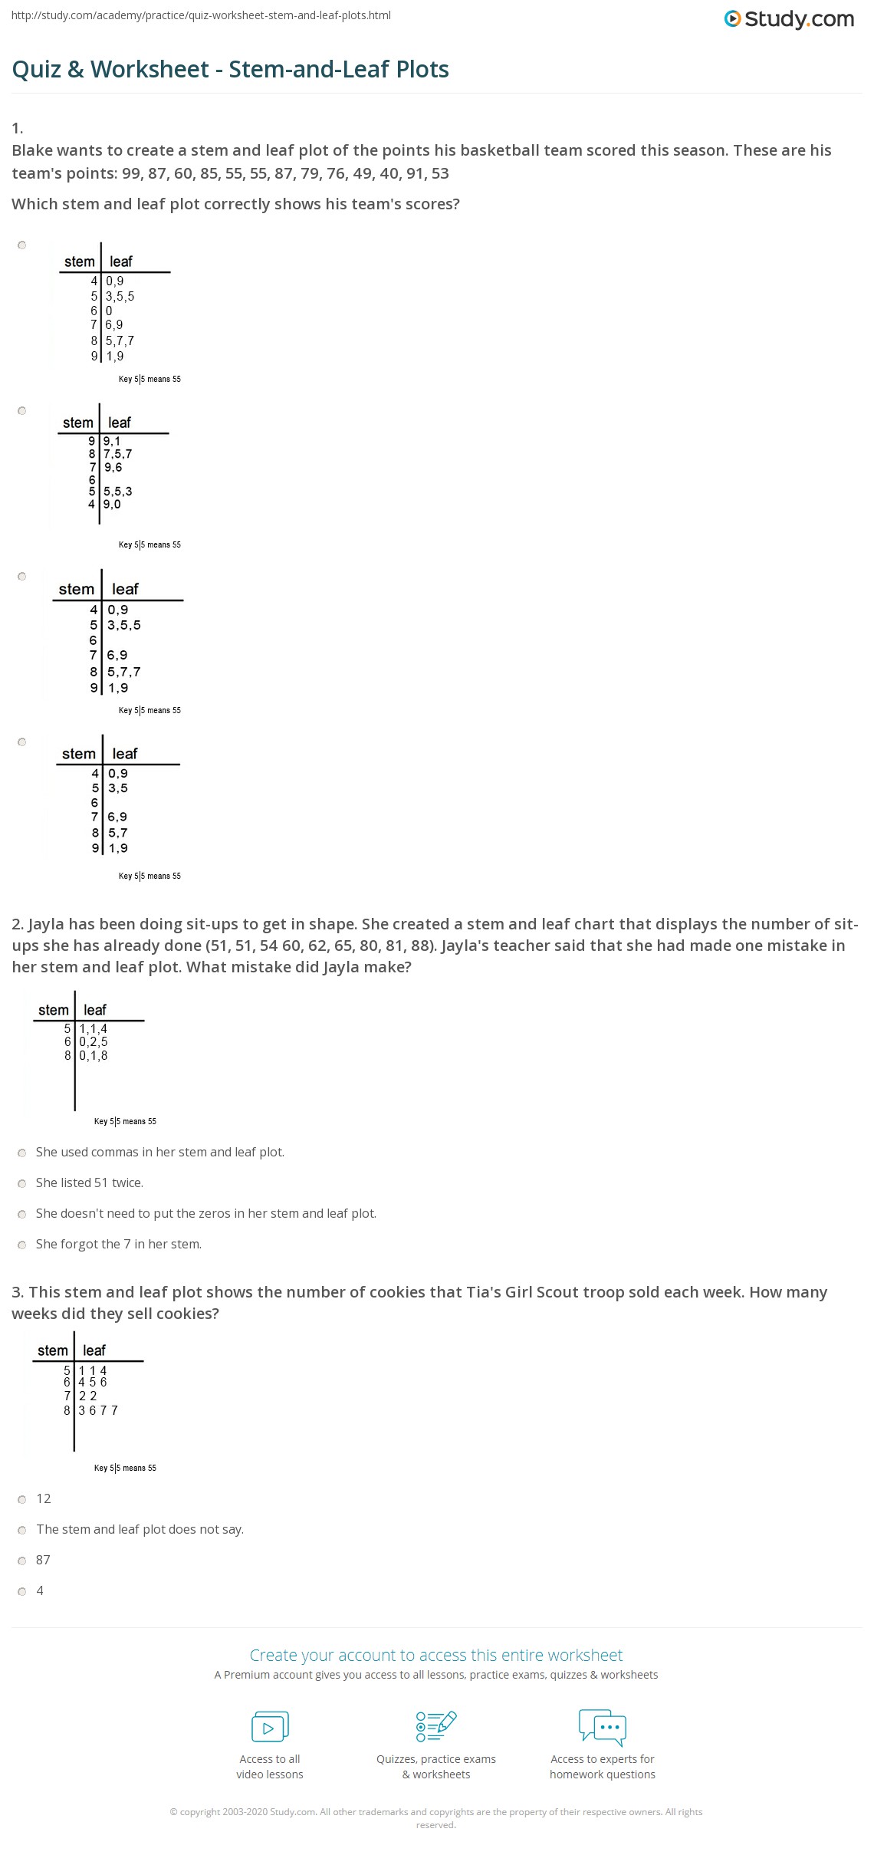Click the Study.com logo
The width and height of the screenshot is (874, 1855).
(x=789, y=19)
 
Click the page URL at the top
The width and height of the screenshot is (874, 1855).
(x=201, y=15)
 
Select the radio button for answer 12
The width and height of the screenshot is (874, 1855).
(x=22, y=1499)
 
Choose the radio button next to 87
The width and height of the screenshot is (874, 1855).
(x=22, y=1561)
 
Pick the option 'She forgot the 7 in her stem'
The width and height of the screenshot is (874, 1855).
(x=22, y=1245)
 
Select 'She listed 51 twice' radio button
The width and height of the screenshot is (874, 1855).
(x=22, y=1183)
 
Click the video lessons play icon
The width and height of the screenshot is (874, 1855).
(x=270, y=1727)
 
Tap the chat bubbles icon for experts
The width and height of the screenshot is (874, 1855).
(x=603, y=1727)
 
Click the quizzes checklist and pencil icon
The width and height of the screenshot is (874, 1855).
(x=436, y=1727)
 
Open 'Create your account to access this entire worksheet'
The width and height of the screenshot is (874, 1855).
(x=436, y=1655)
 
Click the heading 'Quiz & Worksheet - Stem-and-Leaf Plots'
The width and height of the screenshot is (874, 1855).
(x=231, y=70)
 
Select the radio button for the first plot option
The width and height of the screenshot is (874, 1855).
(x=22, y=245)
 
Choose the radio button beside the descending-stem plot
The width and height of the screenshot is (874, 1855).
(x=22, y=411)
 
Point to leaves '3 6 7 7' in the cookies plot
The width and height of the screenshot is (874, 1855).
(x=98, y=1410)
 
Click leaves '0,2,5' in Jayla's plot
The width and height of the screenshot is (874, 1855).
(x=94, y=1042)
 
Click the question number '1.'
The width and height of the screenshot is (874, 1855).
(x=18, y=128)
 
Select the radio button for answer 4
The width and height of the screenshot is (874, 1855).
(x=22, y=1591)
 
